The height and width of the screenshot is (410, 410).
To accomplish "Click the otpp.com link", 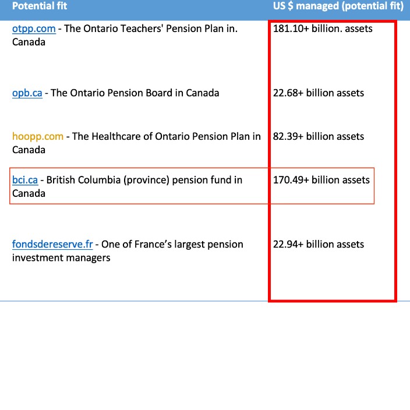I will point(34,29).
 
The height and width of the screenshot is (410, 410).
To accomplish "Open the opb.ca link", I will point(27,93).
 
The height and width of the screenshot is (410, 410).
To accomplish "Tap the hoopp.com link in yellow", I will point(37,137).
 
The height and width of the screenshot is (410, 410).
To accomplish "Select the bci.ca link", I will point(24,181).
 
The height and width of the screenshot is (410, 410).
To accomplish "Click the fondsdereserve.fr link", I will point(52,245).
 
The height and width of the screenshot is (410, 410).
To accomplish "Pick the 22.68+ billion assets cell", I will point(318,93).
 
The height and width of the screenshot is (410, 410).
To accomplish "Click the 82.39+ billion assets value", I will point(318,137).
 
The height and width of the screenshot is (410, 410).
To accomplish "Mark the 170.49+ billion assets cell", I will point(321,181).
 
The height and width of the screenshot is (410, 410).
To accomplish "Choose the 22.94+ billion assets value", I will point(318,245).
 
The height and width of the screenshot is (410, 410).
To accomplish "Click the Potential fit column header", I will point(40,6).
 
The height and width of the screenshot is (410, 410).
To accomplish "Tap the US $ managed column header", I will point(338,6).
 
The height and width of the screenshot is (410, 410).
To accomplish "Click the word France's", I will point(154,245).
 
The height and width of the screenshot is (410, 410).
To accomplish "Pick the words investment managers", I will point(61,258).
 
